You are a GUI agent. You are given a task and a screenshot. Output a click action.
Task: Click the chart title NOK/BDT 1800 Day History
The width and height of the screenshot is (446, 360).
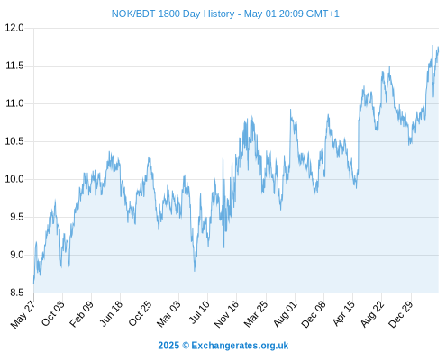point(173,13)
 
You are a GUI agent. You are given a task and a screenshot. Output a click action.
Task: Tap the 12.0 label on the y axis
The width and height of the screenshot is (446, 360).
point(14,28)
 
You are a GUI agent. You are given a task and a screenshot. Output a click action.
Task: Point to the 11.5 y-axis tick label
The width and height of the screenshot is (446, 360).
point(14,66)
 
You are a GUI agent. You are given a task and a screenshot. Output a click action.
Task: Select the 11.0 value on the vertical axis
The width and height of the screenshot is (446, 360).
point(14,103)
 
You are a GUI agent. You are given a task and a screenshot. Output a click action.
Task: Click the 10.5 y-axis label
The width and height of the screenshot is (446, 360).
point(14,141)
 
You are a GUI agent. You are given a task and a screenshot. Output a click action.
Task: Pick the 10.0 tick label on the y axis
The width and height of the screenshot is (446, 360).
point(14,179)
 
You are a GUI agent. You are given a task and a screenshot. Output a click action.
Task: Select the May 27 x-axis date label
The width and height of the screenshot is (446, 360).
point(23,314)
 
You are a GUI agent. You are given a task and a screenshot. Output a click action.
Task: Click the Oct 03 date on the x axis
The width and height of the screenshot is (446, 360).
point(53,313)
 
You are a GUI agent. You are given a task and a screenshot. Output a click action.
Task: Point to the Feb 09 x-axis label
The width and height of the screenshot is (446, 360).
point(81,313)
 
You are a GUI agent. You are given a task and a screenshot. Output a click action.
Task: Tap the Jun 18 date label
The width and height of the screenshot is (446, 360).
point(111,313)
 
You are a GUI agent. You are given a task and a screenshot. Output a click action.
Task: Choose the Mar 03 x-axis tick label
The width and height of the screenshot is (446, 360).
point(169,313)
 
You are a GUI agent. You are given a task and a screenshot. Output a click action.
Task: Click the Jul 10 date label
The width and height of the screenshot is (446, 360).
point(199,312)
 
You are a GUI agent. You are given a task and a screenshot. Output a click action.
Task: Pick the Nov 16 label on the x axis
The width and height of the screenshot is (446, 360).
point(226,313)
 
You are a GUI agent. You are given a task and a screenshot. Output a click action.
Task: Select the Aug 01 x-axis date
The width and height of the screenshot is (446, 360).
point(286,313)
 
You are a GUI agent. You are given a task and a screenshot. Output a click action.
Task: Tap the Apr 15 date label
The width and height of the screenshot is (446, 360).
point(344,313)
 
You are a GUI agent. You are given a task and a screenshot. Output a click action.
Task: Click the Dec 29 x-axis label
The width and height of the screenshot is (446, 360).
point(401,314)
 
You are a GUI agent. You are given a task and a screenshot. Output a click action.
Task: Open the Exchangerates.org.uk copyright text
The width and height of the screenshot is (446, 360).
point(223,346)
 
